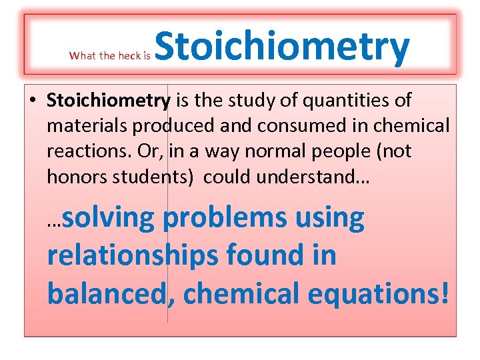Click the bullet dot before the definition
pyautogui.click(x=32, y=101)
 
